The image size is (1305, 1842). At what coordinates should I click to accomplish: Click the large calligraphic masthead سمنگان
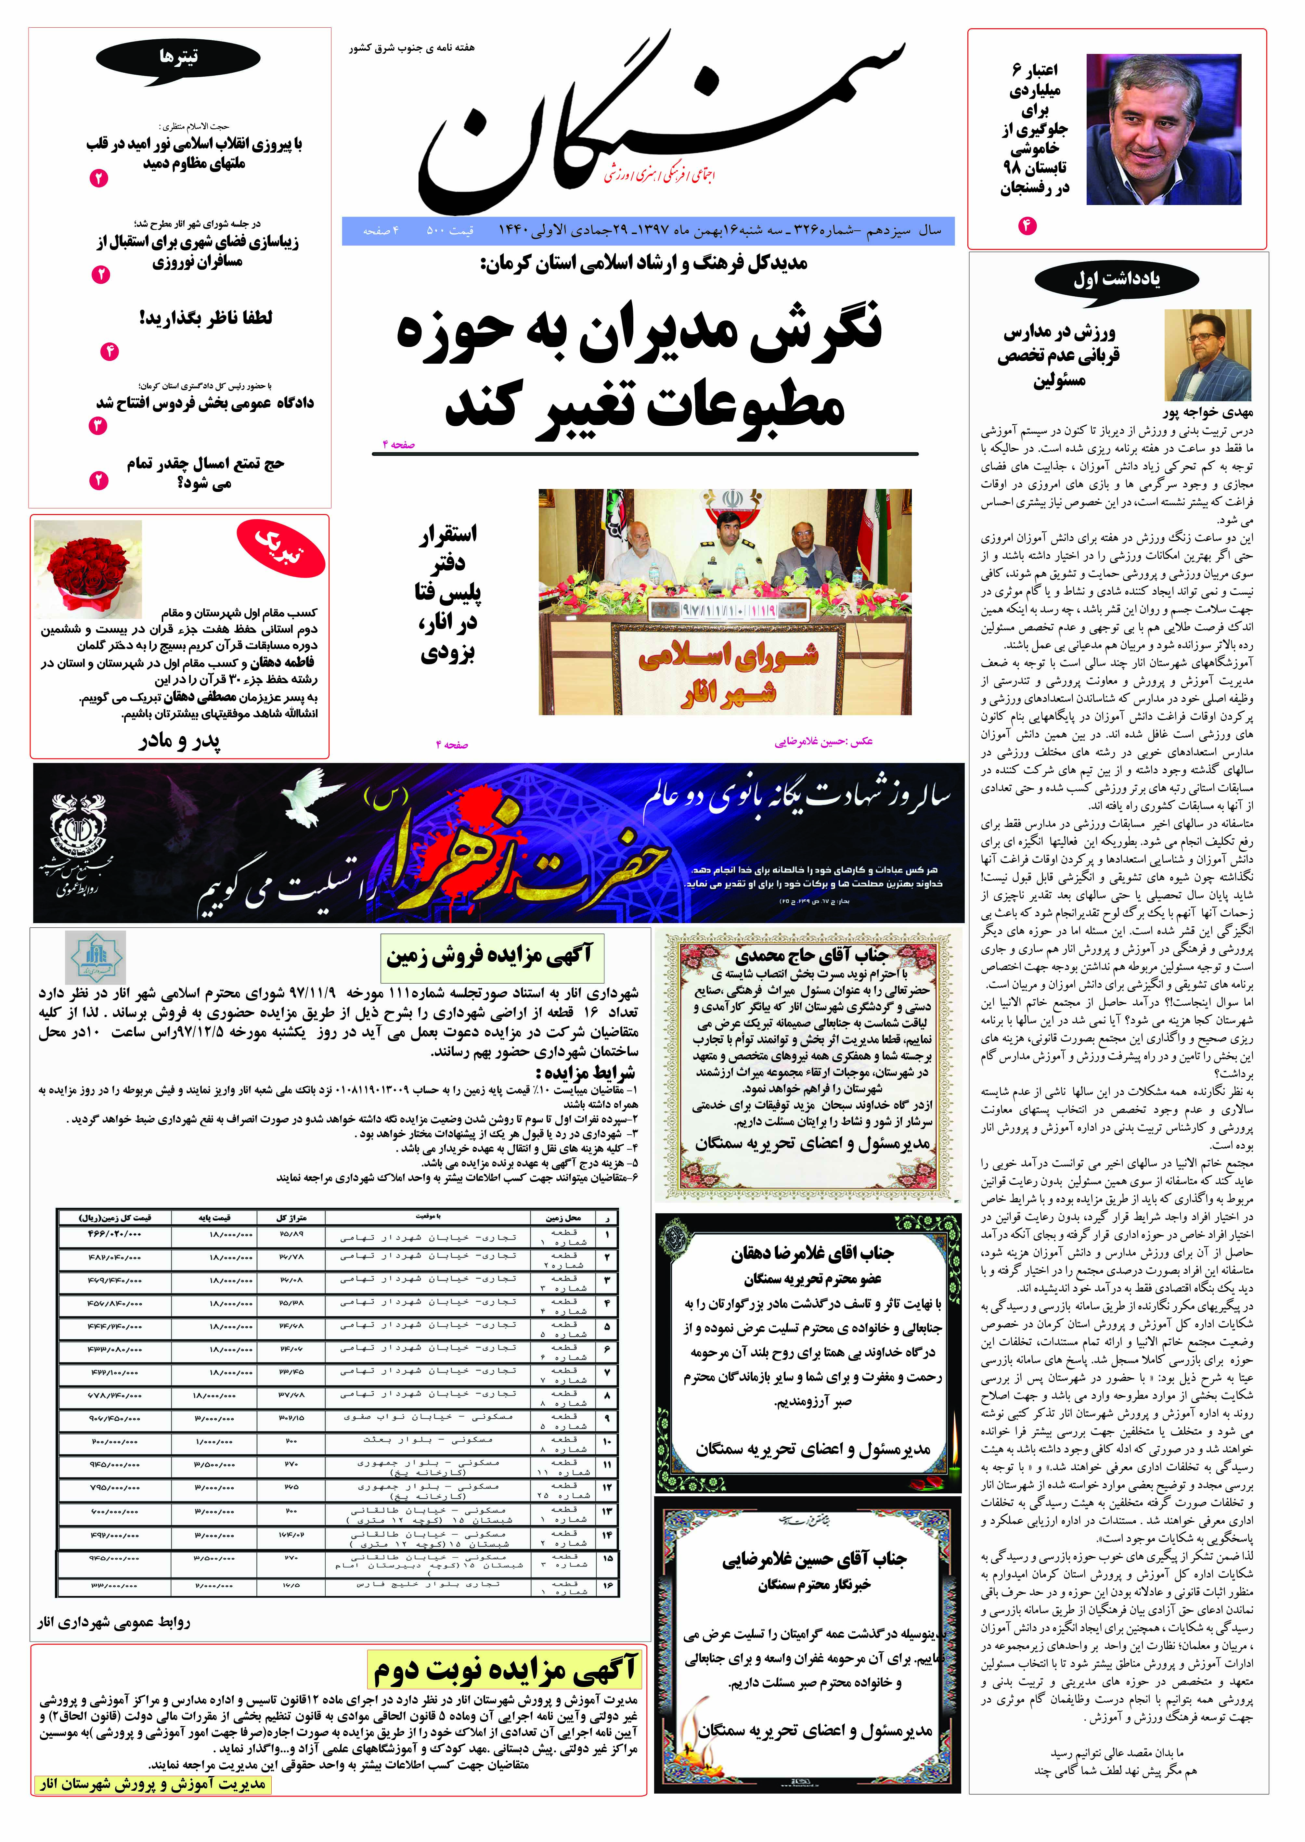click(659, 121)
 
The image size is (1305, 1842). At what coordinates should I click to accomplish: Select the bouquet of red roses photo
click(88, 569)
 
